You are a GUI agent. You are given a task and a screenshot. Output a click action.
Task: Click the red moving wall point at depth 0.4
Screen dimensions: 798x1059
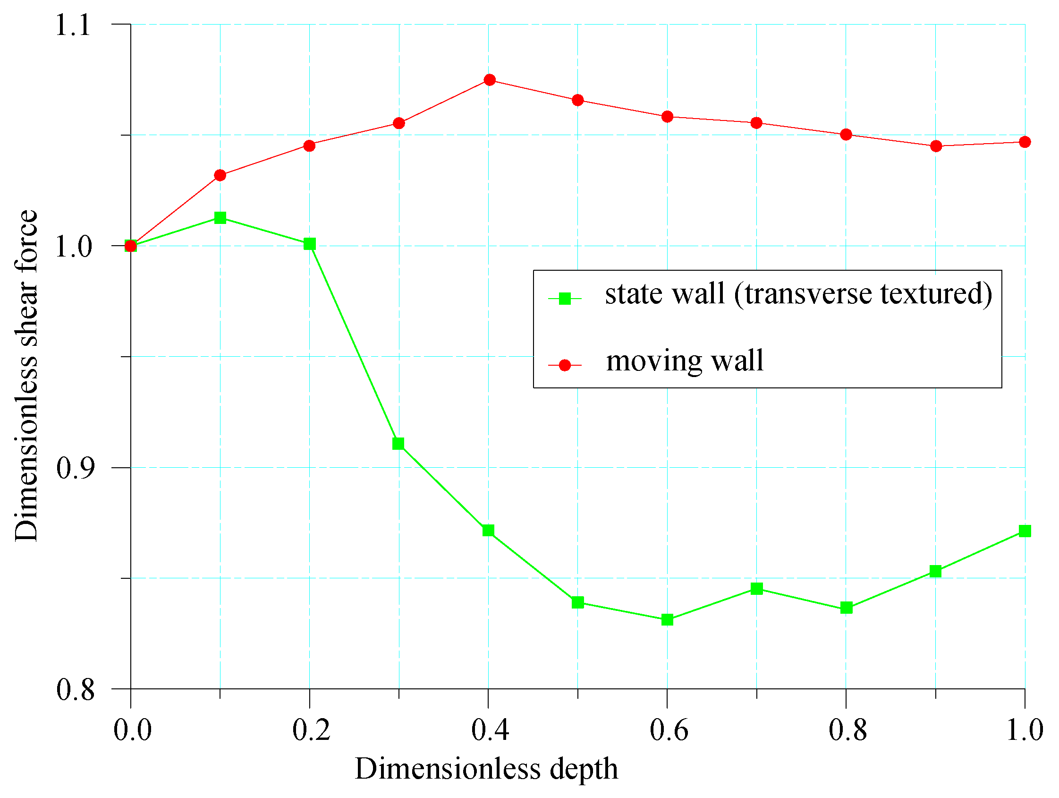tap(489, 79)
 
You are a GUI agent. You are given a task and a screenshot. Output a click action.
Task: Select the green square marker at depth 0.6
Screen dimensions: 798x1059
tap(668, 620)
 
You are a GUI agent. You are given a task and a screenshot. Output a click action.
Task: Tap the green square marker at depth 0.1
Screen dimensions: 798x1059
tap(220, 218)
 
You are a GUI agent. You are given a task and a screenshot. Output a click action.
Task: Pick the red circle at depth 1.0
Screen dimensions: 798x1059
tap(1025, 142)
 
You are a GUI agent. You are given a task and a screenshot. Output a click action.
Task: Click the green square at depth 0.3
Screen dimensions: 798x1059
tap(398, 444)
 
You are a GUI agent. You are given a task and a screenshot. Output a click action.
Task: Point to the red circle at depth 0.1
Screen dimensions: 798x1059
tap(220, 175)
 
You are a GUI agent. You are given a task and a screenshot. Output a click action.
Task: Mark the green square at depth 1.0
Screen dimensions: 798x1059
tap(1025, 531)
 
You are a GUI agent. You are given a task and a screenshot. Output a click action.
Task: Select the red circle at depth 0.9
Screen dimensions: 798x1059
tap(936, 146)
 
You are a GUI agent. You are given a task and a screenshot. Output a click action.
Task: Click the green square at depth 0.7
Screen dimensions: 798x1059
tap(756, 589)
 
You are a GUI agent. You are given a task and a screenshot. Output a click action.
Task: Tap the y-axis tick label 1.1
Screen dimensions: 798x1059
tap(73, 25)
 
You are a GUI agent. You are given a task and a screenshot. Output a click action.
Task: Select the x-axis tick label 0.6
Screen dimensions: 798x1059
tap(669, 731)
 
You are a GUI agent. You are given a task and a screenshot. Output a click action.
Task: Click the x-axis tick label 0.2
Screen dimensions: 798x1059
tap(311, 731)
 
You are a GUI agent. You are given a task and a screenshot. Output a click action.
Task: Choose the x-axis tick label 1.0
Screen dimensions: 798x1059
tap(1025, 731)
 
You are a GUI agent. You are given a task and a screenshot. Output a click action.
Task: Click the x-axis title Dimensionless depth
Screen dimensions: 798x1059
tap(486, 769)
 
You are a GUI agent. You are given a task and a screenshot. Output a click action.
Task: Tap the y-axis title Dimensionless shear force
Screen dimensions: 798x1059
tap(26, 376)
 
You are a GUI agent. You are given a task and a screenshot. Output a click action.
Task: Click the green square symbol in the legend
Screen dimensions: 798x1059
tap(565, 299)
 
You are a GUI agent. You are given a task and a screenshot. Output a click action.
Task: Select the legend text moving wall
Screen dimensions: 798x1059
tap(685, 360)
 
